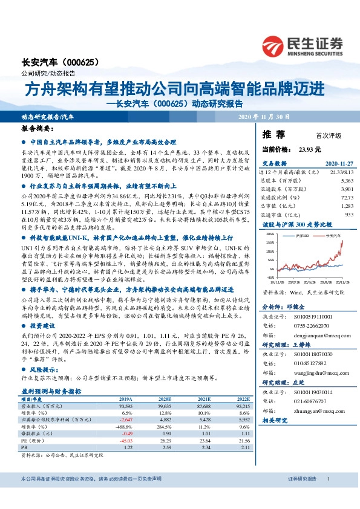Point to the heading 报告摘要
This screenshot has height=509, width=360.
click(x=37, y=129)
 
